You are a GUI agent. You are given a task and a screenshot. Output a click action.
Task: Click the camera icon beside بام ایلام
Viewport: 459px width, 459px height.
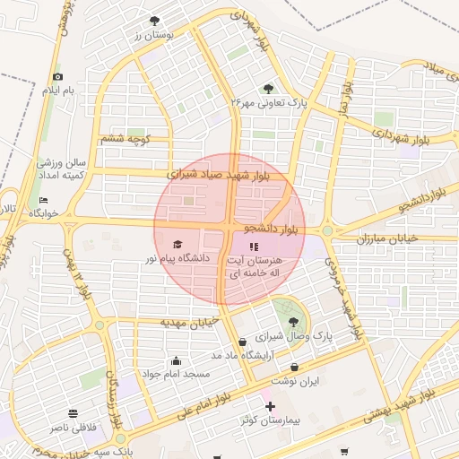coord(58,77)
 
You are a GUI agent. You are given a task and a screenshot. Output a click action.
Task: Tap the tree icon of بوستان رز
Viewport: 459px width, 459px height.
coord(155,20)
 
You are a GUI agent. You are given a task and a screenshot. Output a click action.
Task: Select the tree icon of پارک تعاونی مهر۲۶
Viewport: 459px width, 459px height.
coord(268,88)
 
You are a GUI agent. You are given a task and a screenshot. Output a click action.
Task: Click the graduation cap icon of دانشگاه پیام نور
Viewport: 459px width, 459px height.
coord(177,244)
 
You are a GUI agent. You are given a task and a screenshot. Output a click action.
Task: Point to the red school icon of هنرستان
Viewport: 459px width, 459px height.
coord(254,245)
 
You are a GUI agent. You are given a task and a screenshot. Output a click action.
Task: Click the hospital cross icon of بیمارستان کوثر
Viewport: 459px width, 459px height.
coord(270,407)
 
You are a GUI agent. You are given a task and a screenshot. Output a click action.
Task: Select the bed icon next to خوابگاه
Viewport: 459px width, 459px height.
coord(43,200)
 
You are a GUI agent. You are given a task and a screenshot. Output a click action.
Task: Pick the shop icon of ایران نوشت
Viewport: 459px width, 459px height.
coord(295,368)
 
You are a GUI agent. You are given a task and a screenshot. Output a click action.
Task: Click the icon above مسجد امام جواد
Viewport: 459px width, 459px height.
coord(175,361)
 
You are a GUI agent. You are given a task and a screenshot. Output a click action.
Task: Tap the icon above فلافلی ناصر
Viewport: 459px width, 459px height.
coord(74,414)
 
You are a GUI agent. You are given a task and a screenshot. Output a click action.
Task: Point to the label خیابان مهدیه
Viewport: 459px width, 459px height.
coord(190,321)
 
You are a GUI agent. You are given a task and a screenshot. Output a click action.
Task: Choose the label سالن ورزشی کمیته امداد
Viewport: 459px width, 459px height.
coord(61,169)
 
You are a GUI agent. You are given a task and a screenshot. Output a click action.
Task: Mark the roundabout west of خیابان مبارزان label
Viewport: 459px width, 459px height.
coord(328,230)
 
